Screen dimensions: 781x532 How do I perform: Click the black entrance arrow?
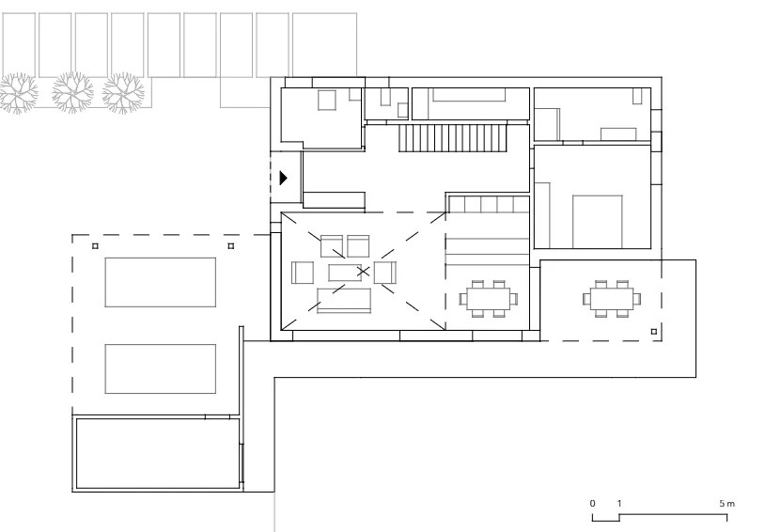pyautogui.click(x=284, y=178)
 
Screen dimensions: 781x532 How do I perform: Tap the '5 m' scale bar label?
pyautogui.click(x=726, y=504)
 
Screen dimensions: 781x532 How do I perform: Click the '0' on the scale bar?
pyautogui.click(x=592, y=504)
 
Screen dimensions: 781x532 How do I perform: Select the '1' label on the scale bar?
pyautogui.click(x=619, y=504)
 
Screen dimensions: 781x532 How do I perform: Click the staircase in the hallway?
pyautogui.click(x=453, y=137)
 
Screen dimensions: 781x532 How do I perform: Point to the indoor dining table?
pyautogui.click(x=488, y=299)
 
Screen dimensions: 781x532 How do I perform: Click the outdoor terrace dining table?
pyautogui.click(x=612, y=299)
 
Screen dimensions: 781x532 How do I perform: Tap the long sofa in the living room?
pyautogui.click(x=344, y=301)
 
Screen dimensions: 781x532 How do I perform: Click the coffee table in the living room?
pyautogui.click(x=345, y=273)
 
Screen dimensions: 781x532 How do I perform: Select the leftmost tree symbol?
pyautogui.click(x=19, y=93)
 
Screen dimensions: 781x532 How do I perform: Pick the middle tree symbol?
pyautogui.click(x=72, y=93)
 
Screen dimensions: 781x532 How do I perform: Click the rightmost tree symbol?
pyautogui.click(x=123, y=93)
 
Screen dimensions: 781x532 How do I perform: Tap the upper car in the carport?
pyautogui.click(x=161, y=282)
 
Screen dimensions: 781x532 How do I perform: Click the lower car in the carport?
pyautogui.click(x=161, y=368)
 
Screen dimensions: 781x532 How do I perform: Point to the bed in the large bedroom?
pyautogui.click(x=597, y=222)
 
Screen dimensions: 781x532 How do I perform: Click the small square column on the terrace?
pyautogui.click(x=654, y=332)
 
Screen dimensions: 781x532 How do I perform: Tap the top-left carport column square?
pyautogui.click(x=95, y=246)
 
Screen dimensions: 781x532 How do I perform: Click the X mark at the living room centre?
pyautogui.click(x=364, y=272)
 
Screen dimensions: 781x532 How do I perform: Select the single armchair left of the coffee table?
pyautogui.click(x=303, y=273)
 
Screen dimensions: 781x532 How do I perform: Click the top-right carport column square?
pyautogui.click(x=230, y=246)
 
